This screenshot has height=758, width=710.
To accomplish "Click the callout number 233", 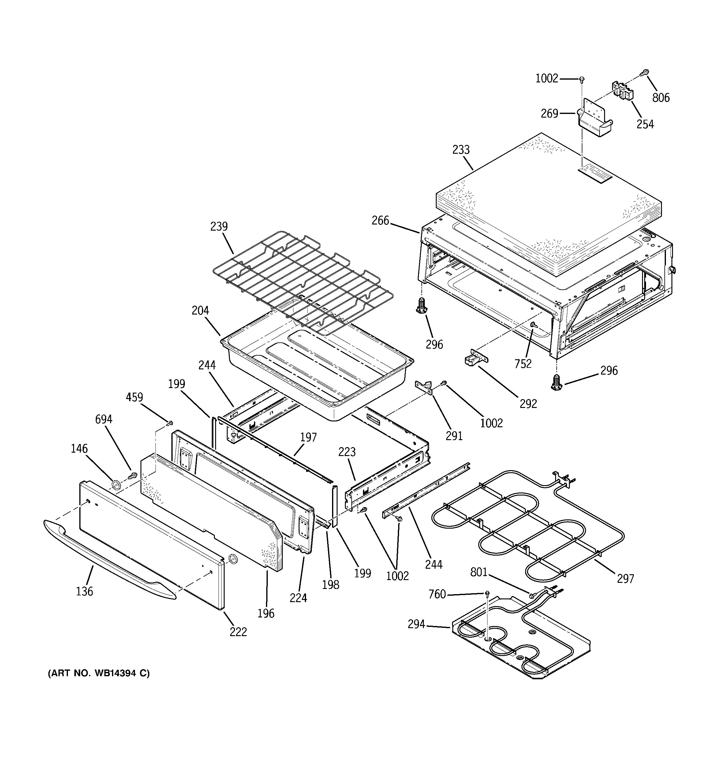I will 461,150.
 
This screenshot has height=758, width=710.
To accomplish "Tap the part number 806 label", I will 661,98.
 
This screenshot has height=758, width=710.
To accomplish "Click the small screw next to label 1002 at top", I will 581,79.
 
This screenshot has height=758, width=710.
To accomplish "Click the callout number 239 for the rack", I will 219,227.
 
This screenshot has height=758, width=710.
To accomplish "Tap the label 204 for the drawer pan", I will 200,311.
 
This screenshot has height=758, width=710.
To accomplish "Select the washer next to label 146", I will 115,485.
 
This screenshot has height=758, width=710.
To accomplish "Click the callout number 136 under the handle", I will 84,591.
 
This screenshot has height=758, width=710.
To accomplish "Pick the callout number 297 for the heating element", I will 625,579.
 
